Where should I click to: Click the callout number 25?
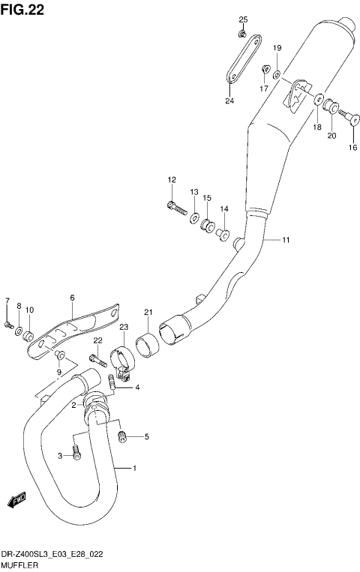[x=243, y=19]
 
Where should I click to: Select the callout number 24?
[x=229, y=101]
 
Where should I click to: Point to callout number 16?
[x=352, y=148]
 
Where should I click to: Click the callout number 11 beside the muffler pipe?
[x=286, y=240]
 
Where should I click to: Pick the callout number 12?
[x=171, y=179]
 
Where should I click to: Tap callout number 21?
[x=148, y=313]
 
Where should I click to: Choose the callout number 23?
[x=124, y=327]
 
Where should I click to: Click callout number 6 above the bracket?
[x=72, y=298]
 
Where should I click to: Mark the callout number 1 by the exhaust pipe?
[x=134, y=469]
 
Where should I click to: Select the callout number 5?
[x=146, y=436]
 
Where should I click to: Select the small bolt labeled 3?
[x=76, y=452]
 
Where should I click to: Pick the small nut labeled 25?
[x=243, y=34]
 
